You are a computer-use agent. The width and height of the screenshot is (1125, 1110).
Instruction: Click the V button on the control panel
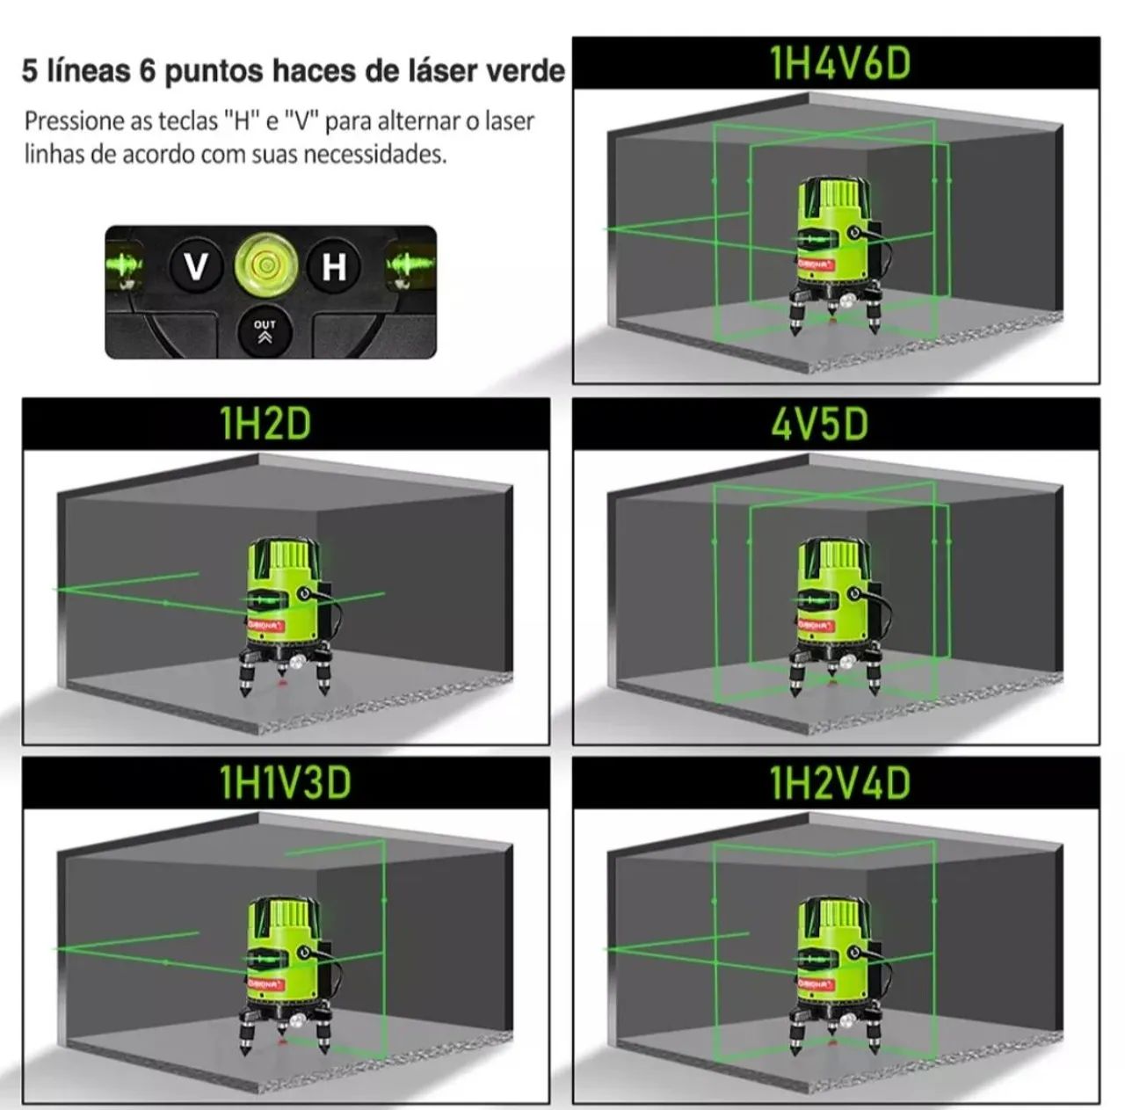[196, 266]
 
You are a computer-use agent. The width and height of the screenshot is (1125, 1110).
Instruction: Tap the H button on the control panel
[333, 266]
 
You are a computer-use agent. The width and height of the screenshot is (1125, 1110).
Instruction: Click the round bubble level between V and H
[265, 264]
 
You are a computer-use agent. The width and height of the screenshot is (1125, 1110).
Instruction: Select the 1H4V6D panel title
[840, 63]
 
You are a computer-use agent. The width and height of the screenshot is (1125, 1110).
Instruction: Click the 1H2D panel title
[265, 424]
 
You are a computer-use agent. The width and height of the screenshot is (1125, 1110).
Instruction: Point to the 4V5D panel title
[820, 424]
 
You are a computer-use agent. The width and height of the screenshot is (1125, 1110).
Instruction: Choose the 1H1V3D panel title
[286, 782]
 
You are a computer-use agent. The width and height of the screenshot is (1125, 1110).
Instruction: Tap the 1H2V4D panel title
[840, 782]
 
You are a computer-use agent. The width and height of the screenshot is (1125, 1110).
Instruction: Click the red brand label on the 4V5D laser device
[817, 626]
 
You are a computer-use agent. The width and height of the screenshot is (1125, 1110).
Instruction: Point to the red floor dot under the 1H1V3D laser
[282, 1041]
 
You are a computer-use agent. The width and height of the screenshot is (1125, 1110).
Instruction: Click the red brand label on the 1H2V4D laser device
[817, 984]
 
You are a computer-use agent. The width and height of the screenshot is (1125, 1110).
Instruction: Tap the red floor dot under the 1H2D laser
[282, 682]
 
